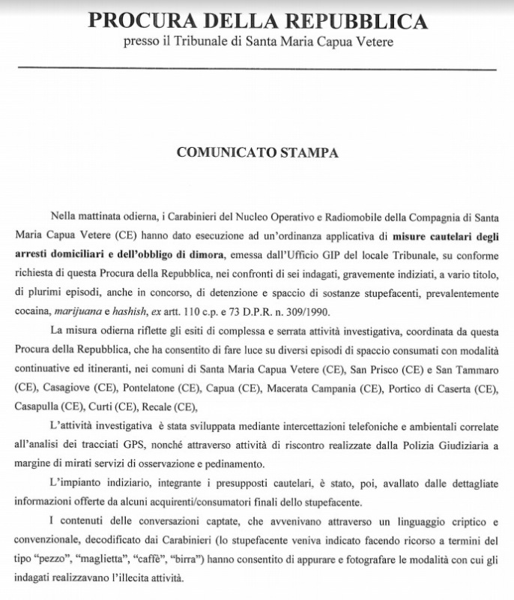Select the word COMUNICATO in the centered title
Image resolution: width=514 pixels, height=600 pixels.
(226, 152)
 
